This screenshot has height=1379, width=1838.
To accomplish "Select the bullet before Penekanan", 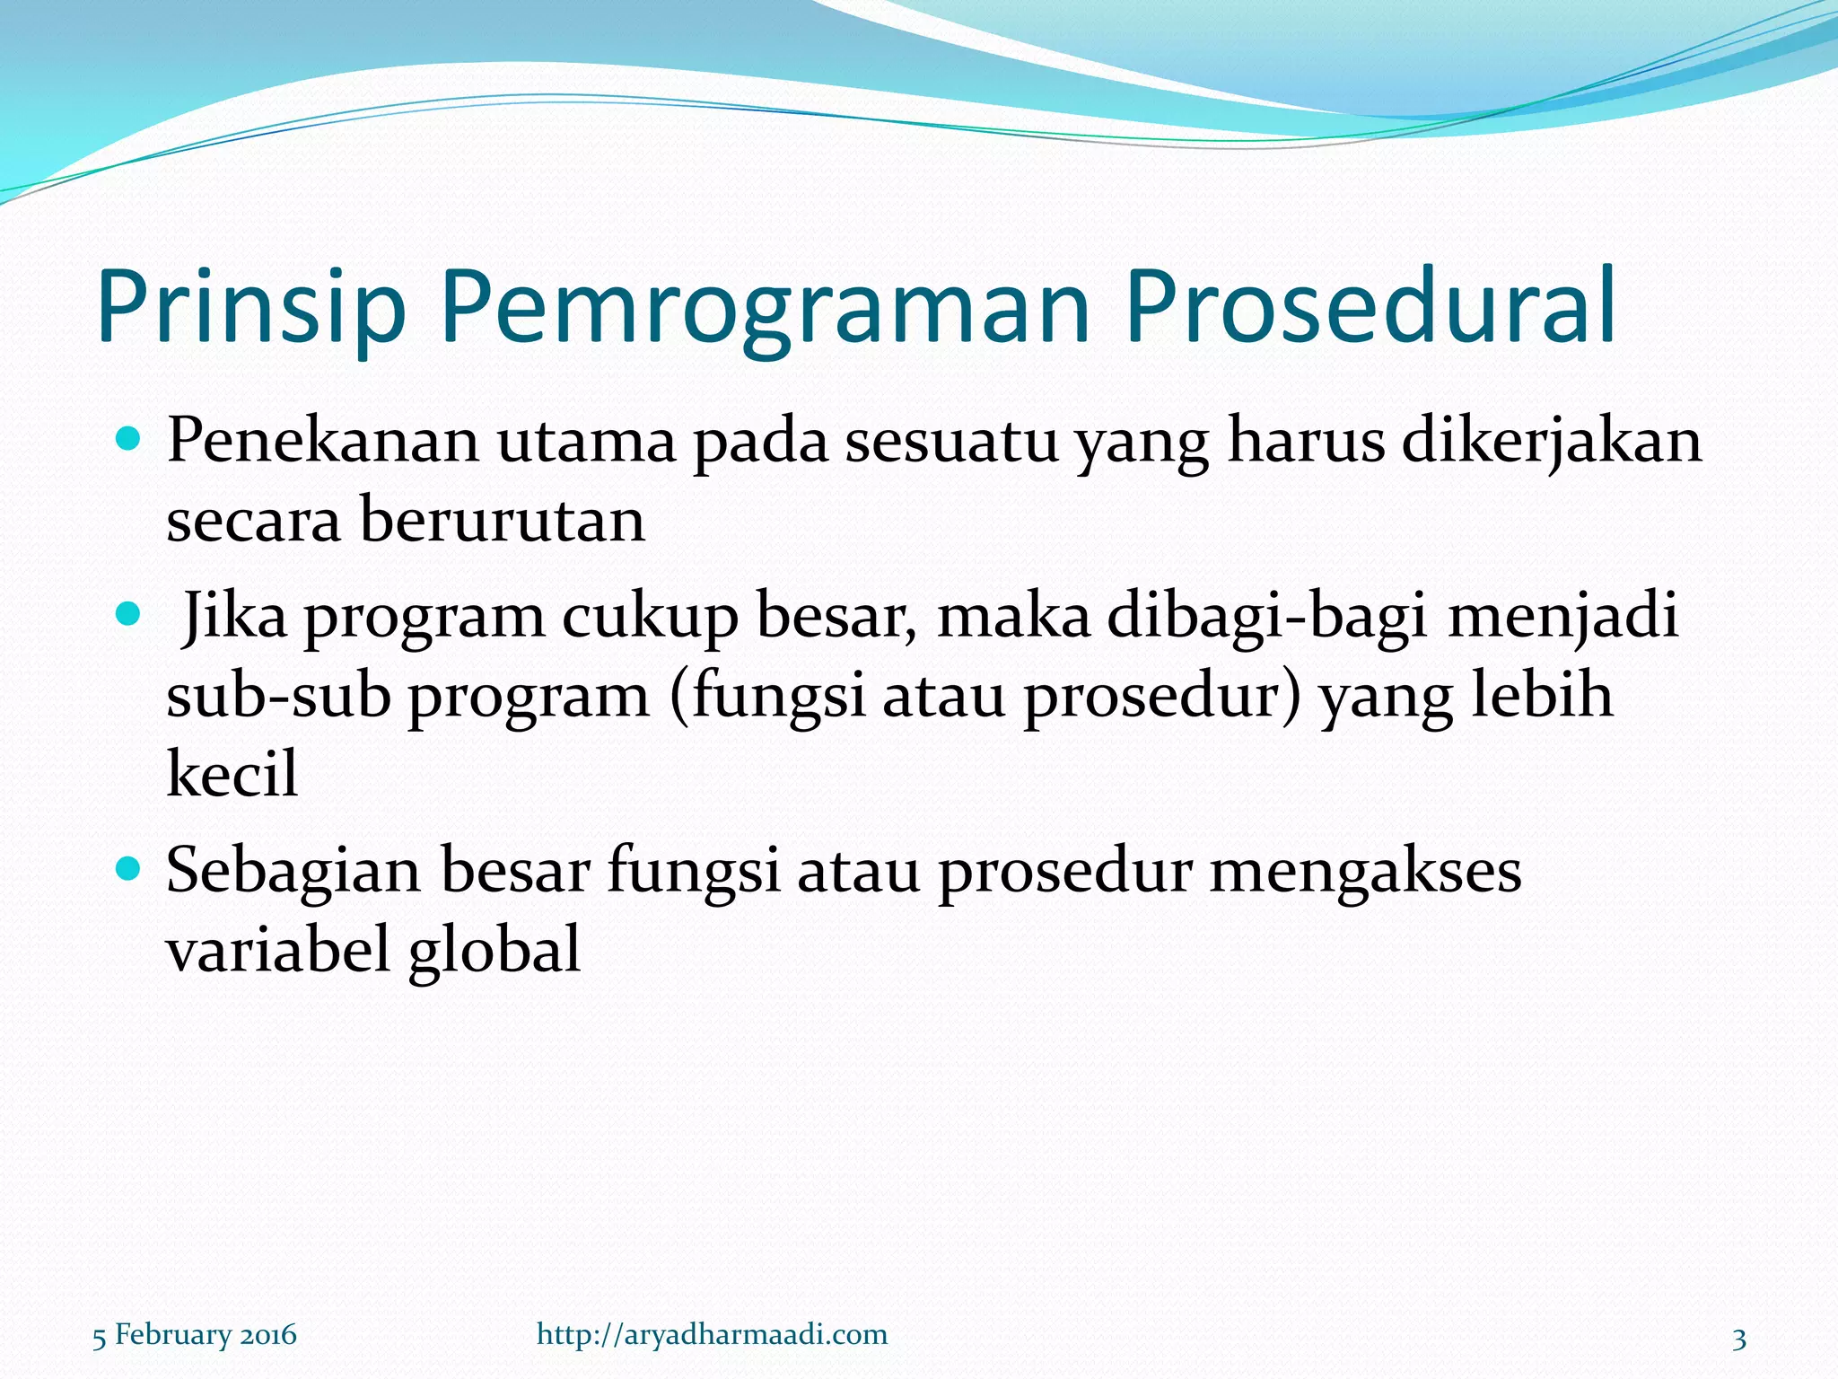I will (x=129, y=440).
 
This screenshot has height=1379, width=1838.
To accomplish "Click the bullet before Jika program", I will (x=129, y=615).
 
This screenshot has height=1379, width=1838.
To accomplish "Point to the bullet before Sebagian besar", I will (x=129, y=868).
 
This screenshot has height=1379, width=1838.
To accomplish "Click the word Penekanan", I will (x=322, y=442).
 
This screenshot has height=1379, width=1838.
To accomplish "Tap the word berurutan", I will (x=503, y=521).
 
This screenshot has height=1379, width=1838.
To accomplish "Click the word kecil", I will (x=232, y=774).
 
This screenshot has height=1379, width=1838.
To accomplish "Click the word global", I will (x=494, y=950).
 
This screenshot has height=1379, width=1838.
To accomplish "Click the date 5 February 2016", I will (x=195, y=1335).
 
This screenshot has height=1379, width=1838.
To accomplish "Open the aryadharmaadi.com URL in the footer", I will (x=712, y=1335).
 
